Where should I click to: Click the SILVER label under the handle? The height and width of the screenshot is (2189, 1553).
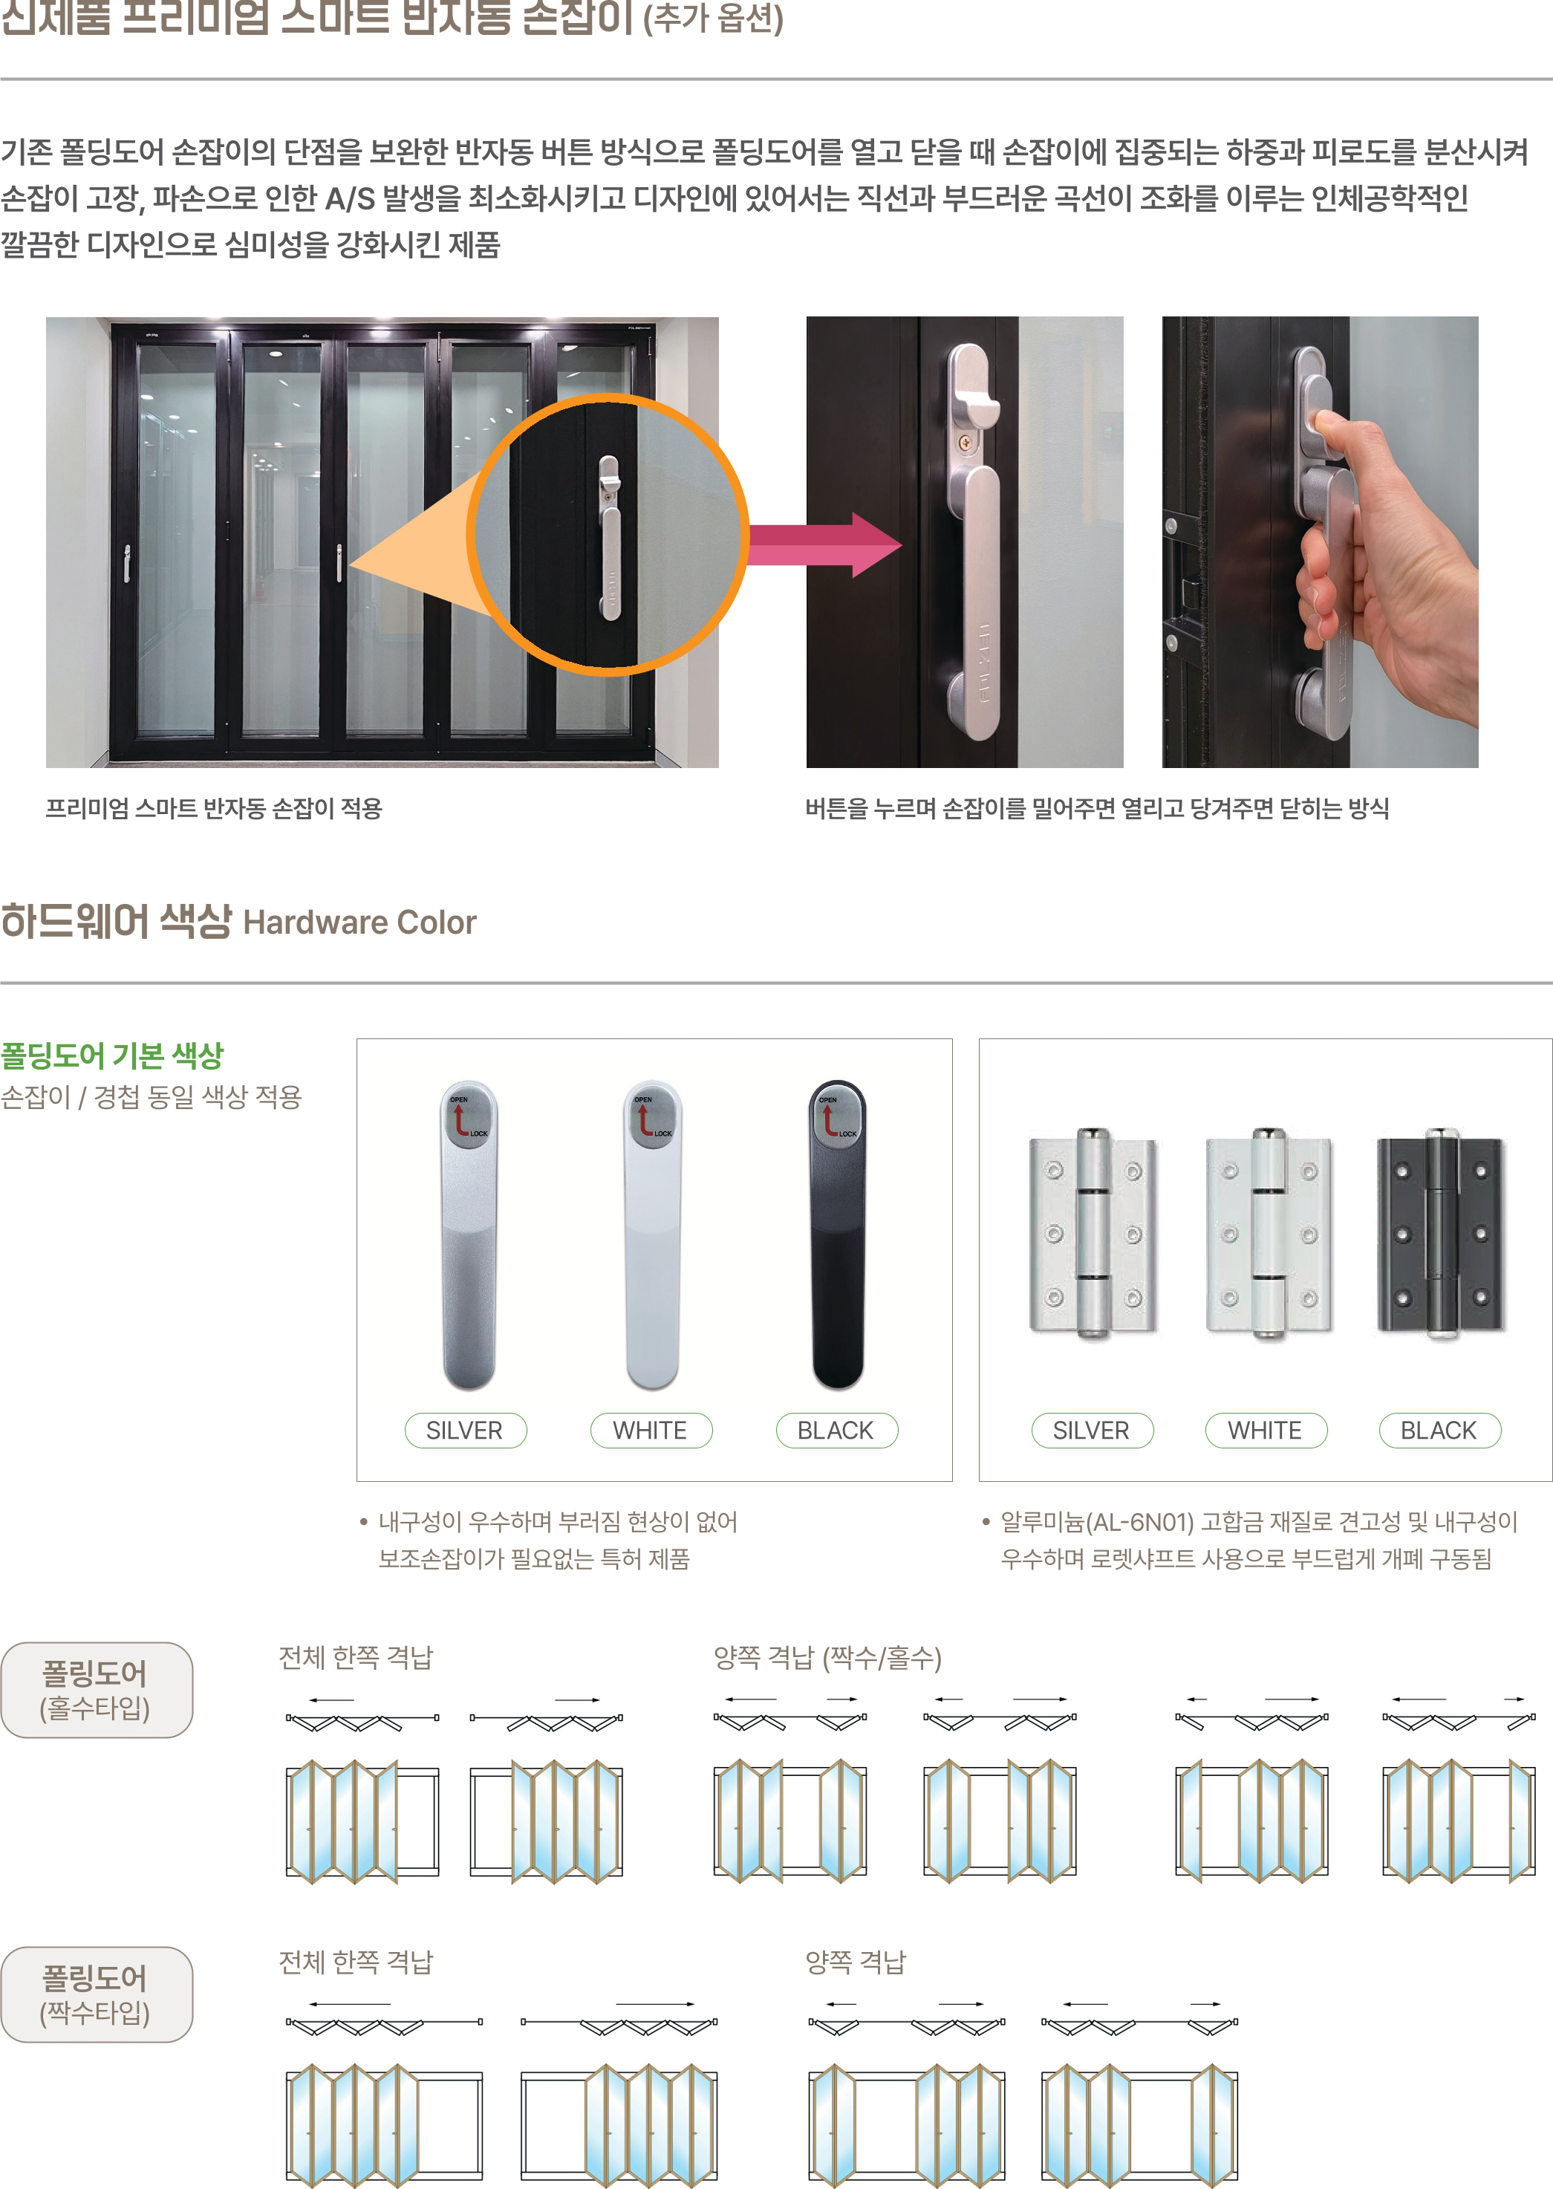465,1430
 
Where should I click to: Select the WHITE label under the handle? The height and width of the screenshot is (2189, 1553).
651,1430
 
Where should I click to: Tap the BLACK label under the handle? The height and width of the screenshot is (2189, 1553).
836,1430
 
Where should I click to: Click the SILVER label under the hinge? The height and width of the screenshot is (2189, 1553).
1091,1430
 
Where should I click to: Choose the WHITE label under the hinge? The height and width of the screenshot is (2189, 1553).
1265,1430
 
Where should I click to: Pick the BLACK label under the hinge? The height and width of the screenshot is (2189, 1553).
1439,1430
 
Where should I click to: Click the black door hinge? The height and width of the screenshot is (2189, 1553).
1440,1234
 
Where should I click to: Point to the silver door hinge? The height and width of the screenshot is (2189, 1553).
1093,1234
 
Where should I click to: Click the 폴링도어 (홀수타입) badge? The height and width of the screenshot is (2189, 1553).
96,1690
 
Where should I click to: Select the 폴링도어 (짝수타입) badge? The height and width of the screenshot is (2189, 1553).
96,1994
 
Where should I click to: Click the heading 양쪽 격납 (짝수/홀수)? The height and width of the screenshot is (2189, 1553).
827,1657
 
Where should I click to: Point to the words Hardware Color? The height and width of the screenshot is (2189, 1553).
359,922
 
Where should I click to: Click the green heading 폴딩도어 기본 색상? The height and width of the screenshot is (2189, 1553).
112,1056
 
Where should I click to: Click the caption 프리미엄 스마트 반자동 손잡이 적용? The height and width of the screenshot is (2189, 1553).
214,808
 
